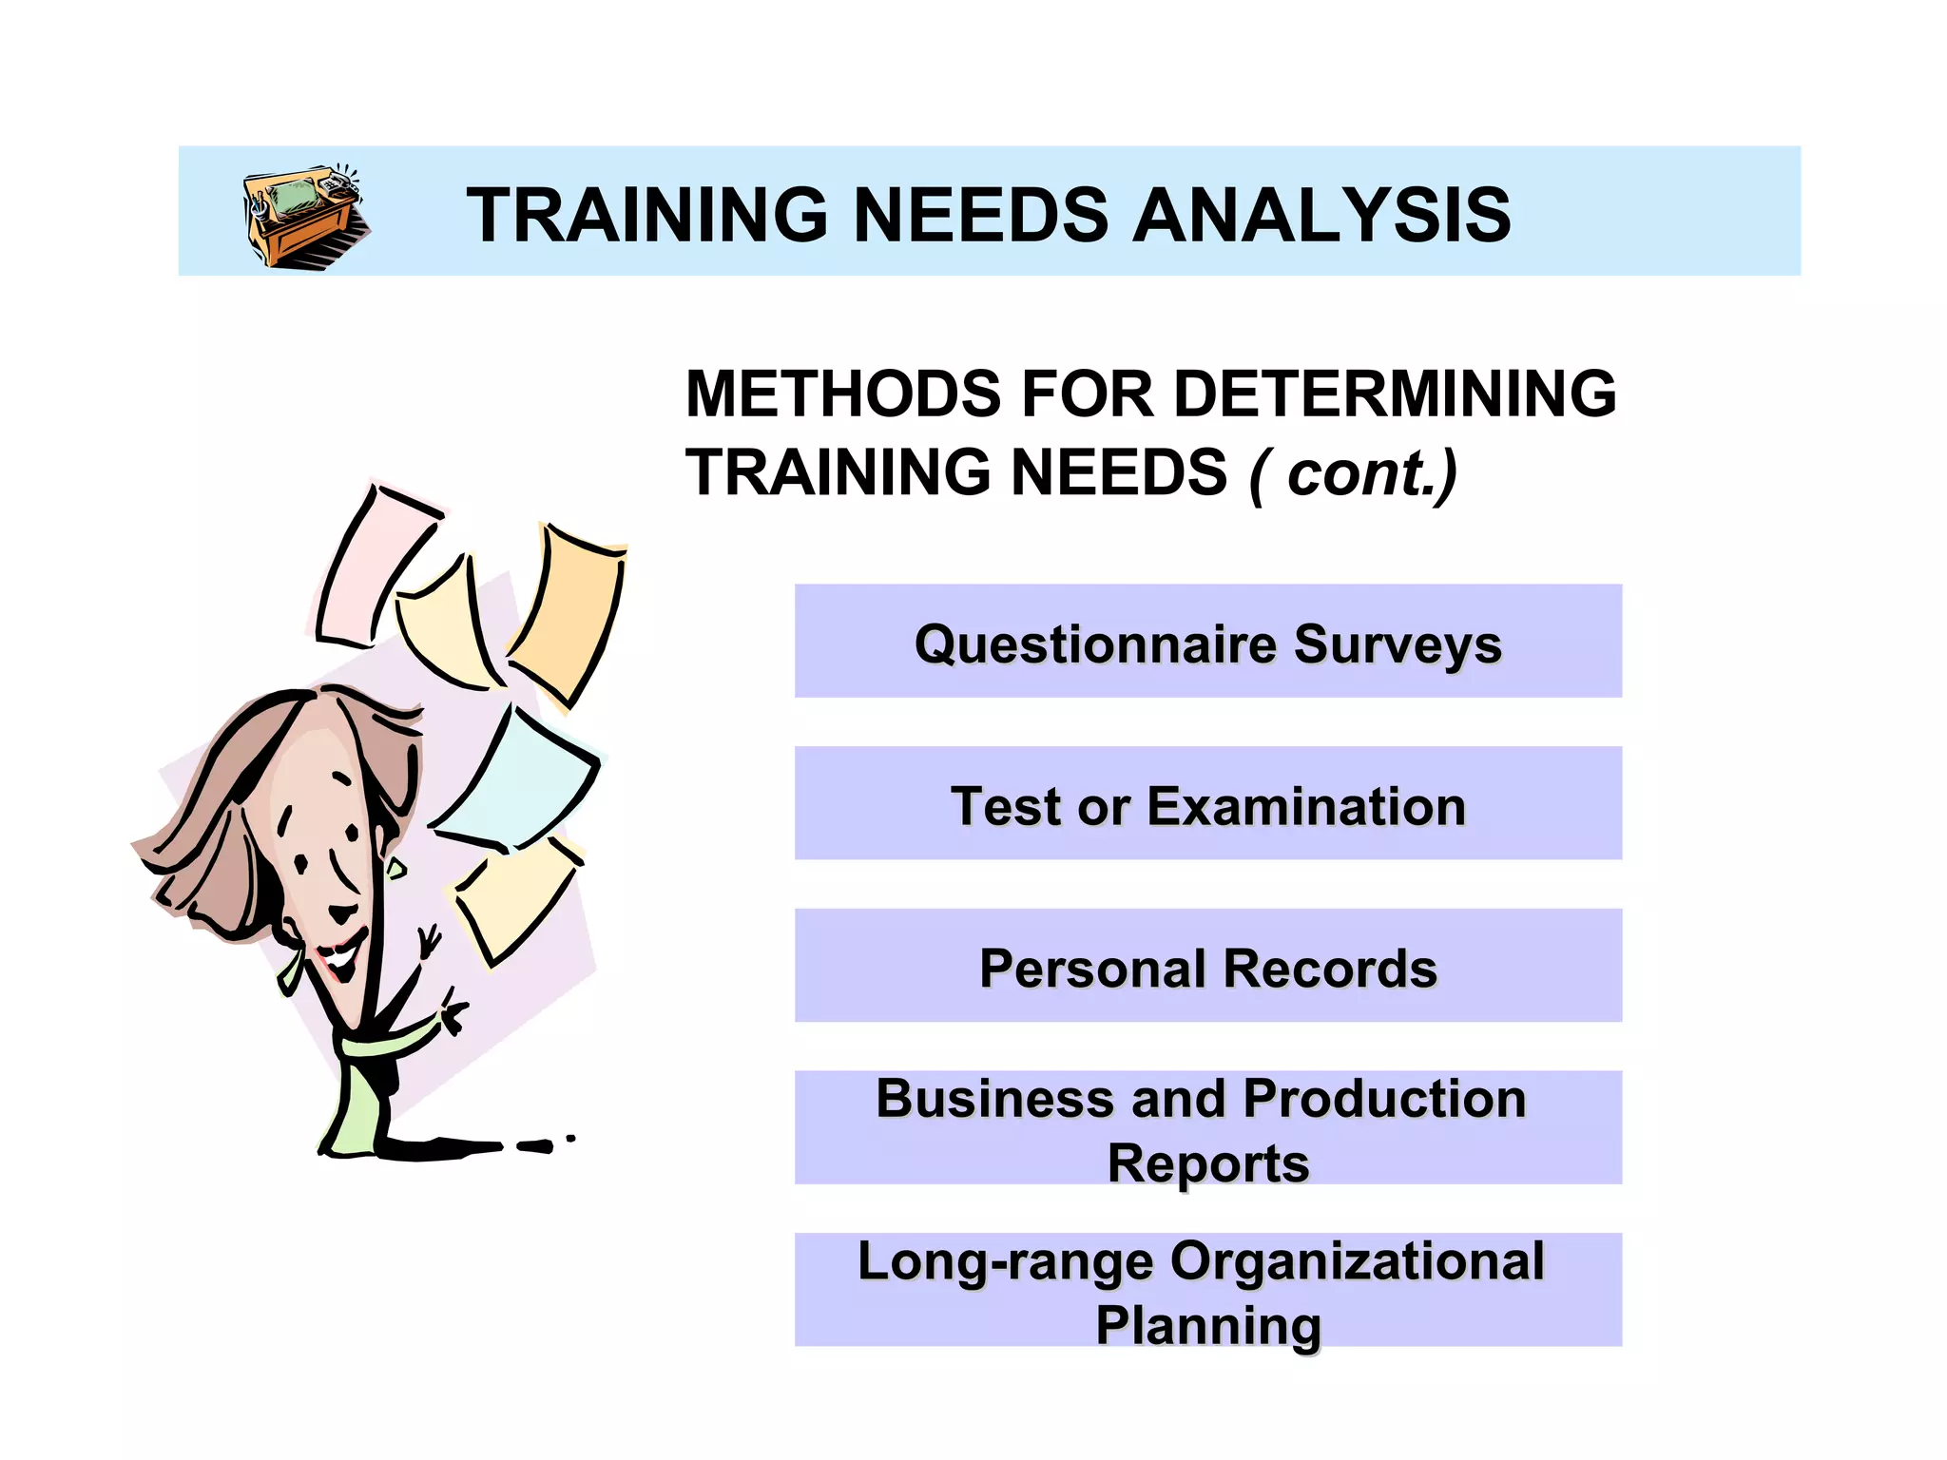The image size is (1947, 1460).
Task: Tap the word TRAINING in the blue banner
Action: tap(647, 216)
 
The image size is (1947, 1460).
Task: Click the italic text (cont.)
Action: tap(1354, 473)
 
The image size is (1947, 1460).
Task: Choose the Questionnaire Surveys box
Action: tap(1207, 642)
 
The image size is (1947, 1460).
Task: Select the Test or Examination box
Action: tap(1207, 804)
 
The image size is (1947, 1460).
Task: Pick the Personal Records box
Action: tap(1207, 967)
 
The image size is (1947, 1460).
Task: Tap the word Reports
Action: tap(1207, 1163)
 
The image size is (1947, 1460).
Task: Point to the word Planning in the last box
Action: tap(1207, 1325)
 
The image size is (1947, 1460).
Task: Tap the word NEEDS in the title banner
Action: tap(979, 216)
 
